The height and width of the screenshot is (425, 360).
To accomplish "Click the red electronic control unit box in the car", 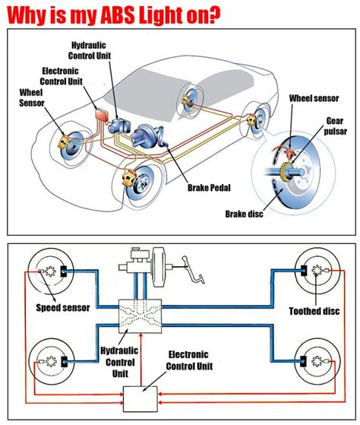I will pyautogui.click(x=99, y=115).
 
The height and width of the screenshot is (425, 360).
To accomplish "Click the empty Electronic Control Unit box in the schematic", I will pyautogui.click(x=141, y=396).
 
